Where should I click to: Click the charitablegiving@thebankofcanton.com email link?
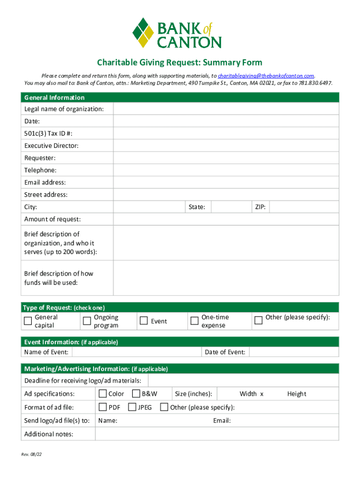click(266, 76)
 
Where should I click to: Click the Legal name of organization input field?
click(226, 109)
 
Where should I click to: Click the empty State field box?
click(229, 207)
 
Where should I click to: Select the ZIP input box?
click(304, 207)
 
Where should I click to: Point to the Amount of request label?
click(52, 219)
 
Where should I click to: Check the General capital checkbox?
click(28, 321)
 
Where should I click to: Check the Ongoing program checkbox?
click(86, 321)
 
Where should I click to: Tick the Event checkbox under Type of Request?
click(144, 321)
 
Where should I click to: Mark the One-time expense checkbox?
click(194, 321)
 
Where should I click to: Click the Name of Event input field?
click(136, 352)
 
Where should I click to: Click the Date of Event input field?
click(294, 352)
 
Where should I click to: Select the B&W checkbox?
click(137, 394)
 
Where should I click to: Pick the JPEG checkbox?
click(132, 407)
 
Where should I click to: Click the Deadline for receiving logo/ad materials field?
click(243, 380)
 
